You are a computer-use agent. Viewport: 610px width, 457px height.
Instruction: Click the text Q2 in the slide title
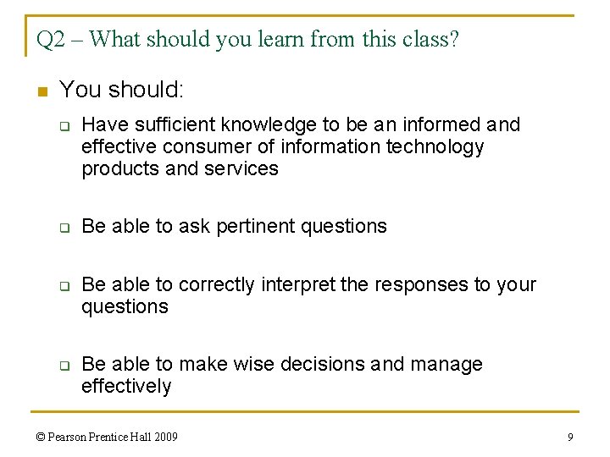pos(51,40)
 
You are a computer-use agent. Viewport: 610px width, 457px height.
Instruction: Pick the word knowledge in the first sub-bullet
pos(270,125)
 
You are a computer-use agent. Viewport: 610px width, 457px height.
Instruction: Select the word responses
pos(413,284)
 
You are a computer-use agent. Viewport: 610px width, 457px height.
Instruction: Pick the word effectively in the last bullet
pos(126,387)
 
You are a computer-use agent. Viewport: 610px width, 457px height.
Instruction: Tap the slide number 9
pos(570,438)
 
